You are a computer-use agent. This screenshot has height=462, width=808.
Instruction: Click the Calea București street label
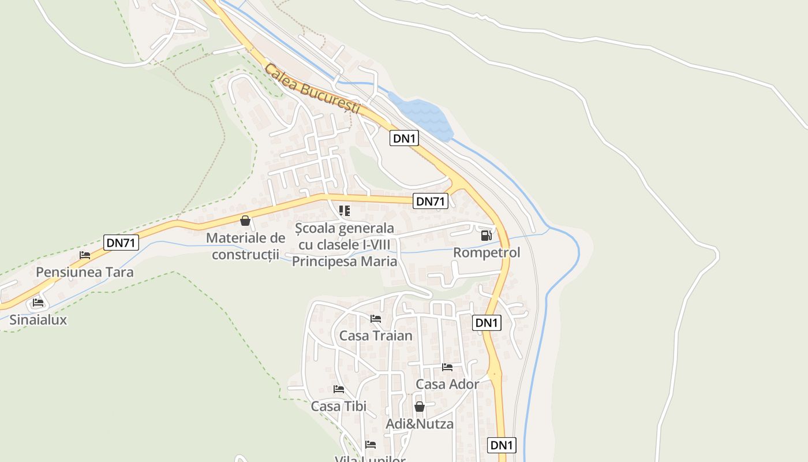312,90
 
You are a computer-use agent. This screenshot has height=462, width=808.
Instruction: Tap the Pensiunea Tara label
85,272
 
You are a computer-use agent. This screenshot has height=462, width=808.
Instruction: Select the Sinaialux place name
38,319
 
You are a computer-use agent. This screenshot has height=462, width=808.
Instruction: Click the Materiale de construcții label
246,245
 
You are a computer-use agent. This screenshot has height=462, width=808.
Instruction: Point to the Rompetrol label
487,252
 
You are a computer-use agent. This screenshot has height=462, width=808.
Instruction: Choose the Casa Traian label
376,336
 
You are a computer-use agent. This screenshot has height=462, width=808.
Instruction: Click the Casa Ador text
447,384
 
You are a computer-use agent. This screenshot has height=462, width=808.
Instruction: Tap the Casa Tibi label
339,406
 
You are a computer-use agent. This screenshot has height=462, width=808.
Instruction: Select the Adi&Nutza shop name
420,424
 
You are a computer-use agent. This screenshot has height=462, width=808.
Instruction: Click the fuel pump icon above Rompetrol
486,235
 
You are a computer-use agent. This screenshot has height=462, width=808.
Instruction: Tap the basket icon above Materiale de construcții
245,220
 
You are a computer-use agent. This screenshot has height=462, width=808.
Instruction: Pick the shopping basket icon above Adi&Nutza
420,407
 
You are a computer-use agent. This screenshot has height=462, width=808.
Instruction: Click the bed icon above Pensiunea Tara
85,255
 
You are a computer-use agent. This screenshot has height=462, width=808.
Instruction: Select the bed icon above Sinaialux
38,302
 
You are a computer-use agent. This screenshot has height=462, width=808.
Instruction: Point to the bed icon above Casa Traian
376,318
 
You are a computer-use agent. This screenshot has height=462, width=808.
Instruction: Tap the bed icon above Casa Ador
447,367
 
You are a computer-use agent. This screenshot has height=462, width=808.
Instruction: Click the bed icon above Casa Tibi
339,389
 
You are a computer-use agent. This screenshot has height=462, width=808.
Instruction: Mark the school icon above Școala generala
345,210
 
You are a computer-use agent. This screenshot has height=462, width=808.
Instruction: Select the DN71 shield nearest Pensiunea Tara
122,243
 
